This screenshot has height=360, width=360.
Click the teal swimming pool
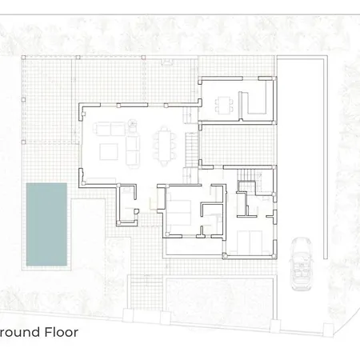tap(46, 224)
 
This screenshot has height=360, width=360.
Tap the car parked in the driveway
tap(302, 264)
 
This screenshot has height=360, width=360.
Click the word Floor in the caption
tap(62, 332)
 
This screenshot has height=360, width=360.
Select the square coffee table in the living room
tap(109, 151)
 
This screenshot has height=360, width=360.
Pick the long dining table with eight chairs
tap(165, 146)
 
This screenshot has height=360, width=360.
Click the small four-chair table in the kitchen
tap(224, 105)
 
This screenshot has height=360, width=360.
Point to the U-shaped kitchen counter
tap(253, 103)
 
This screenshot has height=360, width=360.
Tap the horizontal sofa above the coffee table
tap(110, 129)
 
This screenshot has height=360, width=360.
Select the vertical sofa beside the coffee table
tap(133, 151)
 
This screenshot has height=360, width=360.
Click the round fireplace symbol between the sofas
tap(133, 124)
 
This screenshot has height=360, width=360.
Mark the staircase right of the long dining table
tap(191, 150)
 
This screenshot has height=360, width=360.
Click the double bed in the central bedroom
tap(179, 213)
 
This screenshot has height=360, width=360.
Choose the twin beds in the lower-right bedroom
tap(250, 242)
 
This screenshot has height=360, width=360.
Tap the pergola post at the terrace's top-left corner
tap(23, 58)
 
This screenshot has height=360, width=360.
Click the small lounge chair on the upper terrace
tap(167, 62)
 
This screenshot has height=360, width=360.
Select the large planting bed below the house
tap(219, 295)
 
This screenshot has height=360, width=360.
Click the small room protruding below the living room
tap(126, 204)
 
